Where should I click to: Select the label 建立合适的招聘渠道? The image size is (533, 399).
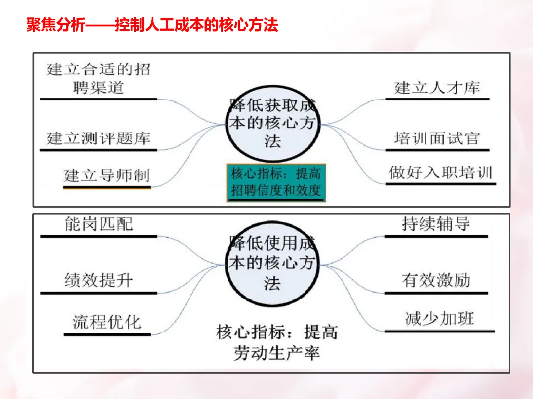click(x=98, y=78)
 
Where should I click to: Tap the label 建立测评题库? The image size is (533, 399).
click(x=98, y=138)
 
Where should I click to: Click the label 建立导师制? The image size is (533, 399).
click(x=106, y=175)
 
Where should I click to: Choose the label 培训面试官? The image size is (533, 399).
click(x=437, y=138)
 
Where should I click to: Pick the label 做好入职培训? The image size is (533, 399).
click(x=440, y=173)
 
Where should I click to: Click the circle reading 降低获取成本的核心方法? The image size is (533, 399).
click(x=272, y=123)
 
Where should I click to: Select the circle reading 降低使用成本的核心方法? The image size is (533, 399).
click(x=272, y=264)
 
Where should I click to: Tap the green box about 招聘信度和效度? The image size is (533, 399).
click(x=276, y=182)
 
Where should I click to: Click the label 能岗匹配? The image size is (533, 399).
click(x=99, y=225)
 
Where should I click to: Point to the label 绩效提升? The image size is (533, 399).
click(x=99, y=281)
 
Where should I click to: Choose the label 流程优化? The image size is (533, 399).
click(x=107, y=323)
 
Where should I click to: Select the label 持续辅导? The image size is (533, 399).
click(x=436, y=225)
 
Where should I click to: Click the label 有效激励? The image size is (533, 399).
click(x=436, y=281)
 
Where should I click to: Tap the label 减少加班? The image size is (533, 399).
click(x=439, y=319)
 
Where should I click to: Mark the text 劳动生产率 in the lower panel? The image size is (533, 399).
click(x=276, y=353)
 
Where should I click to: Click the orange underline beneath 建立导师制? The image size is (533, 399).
click(x=106, y=187)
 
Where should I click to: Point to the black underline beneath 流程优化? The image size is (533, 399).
click(x=107, y=335)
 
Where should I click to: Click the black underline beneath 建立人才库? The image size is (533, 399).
click(x=437, y=99)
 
